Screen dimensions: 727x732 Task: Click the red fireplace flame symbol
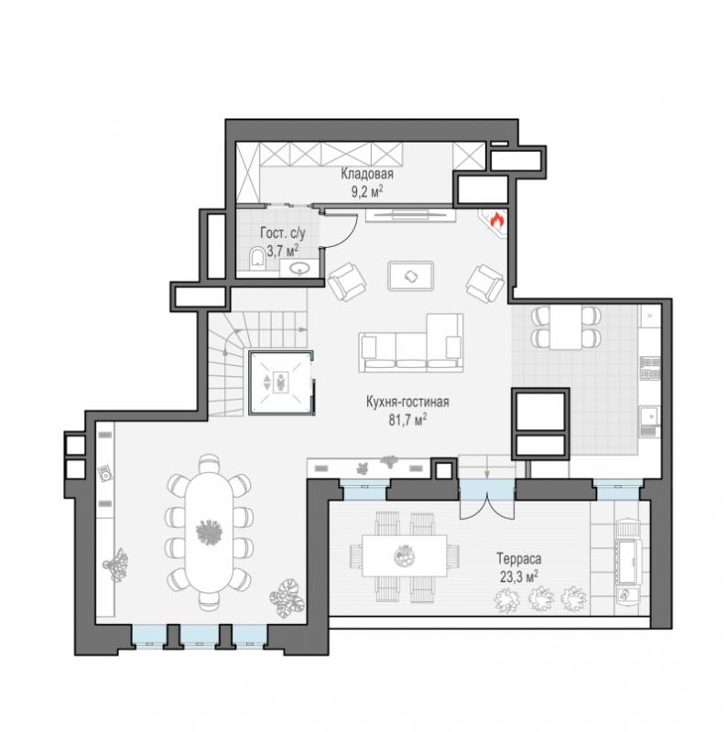coord(496,220)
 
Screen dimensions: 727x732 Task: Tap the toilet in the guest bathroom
coord(256,259)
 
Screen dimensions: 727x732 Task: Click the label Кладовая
coord(367,174)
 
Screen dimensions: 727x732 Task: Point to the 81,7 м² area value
coord(407,420)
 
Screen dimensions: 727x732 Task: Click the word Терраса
coord(518,558)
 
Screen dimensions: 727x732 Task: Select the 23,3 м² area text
coord(518,576)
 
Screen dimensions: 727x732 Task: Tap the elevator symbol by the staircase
coord(280,382)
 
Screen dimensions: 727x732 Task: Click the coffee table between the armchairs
coord(411,276)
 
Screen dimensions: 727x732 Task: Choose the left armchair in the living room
coord(347,282)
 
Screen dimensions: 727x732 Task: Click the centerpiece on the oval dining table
coord(209,532)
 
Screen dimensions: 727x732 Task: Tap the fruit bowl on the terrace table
coord(404,555)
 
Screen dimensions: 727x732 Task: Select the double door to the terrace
coord(487,501)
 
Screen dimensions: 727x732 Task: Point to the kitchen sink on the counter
coord(649,415)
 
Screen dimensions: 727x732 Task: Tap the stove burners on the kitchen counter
coord(650,368)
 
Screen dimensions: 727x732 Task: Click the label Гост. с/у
coord(282,233)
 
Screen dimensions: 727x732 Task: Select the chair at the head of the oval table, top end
coord(209,464)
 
